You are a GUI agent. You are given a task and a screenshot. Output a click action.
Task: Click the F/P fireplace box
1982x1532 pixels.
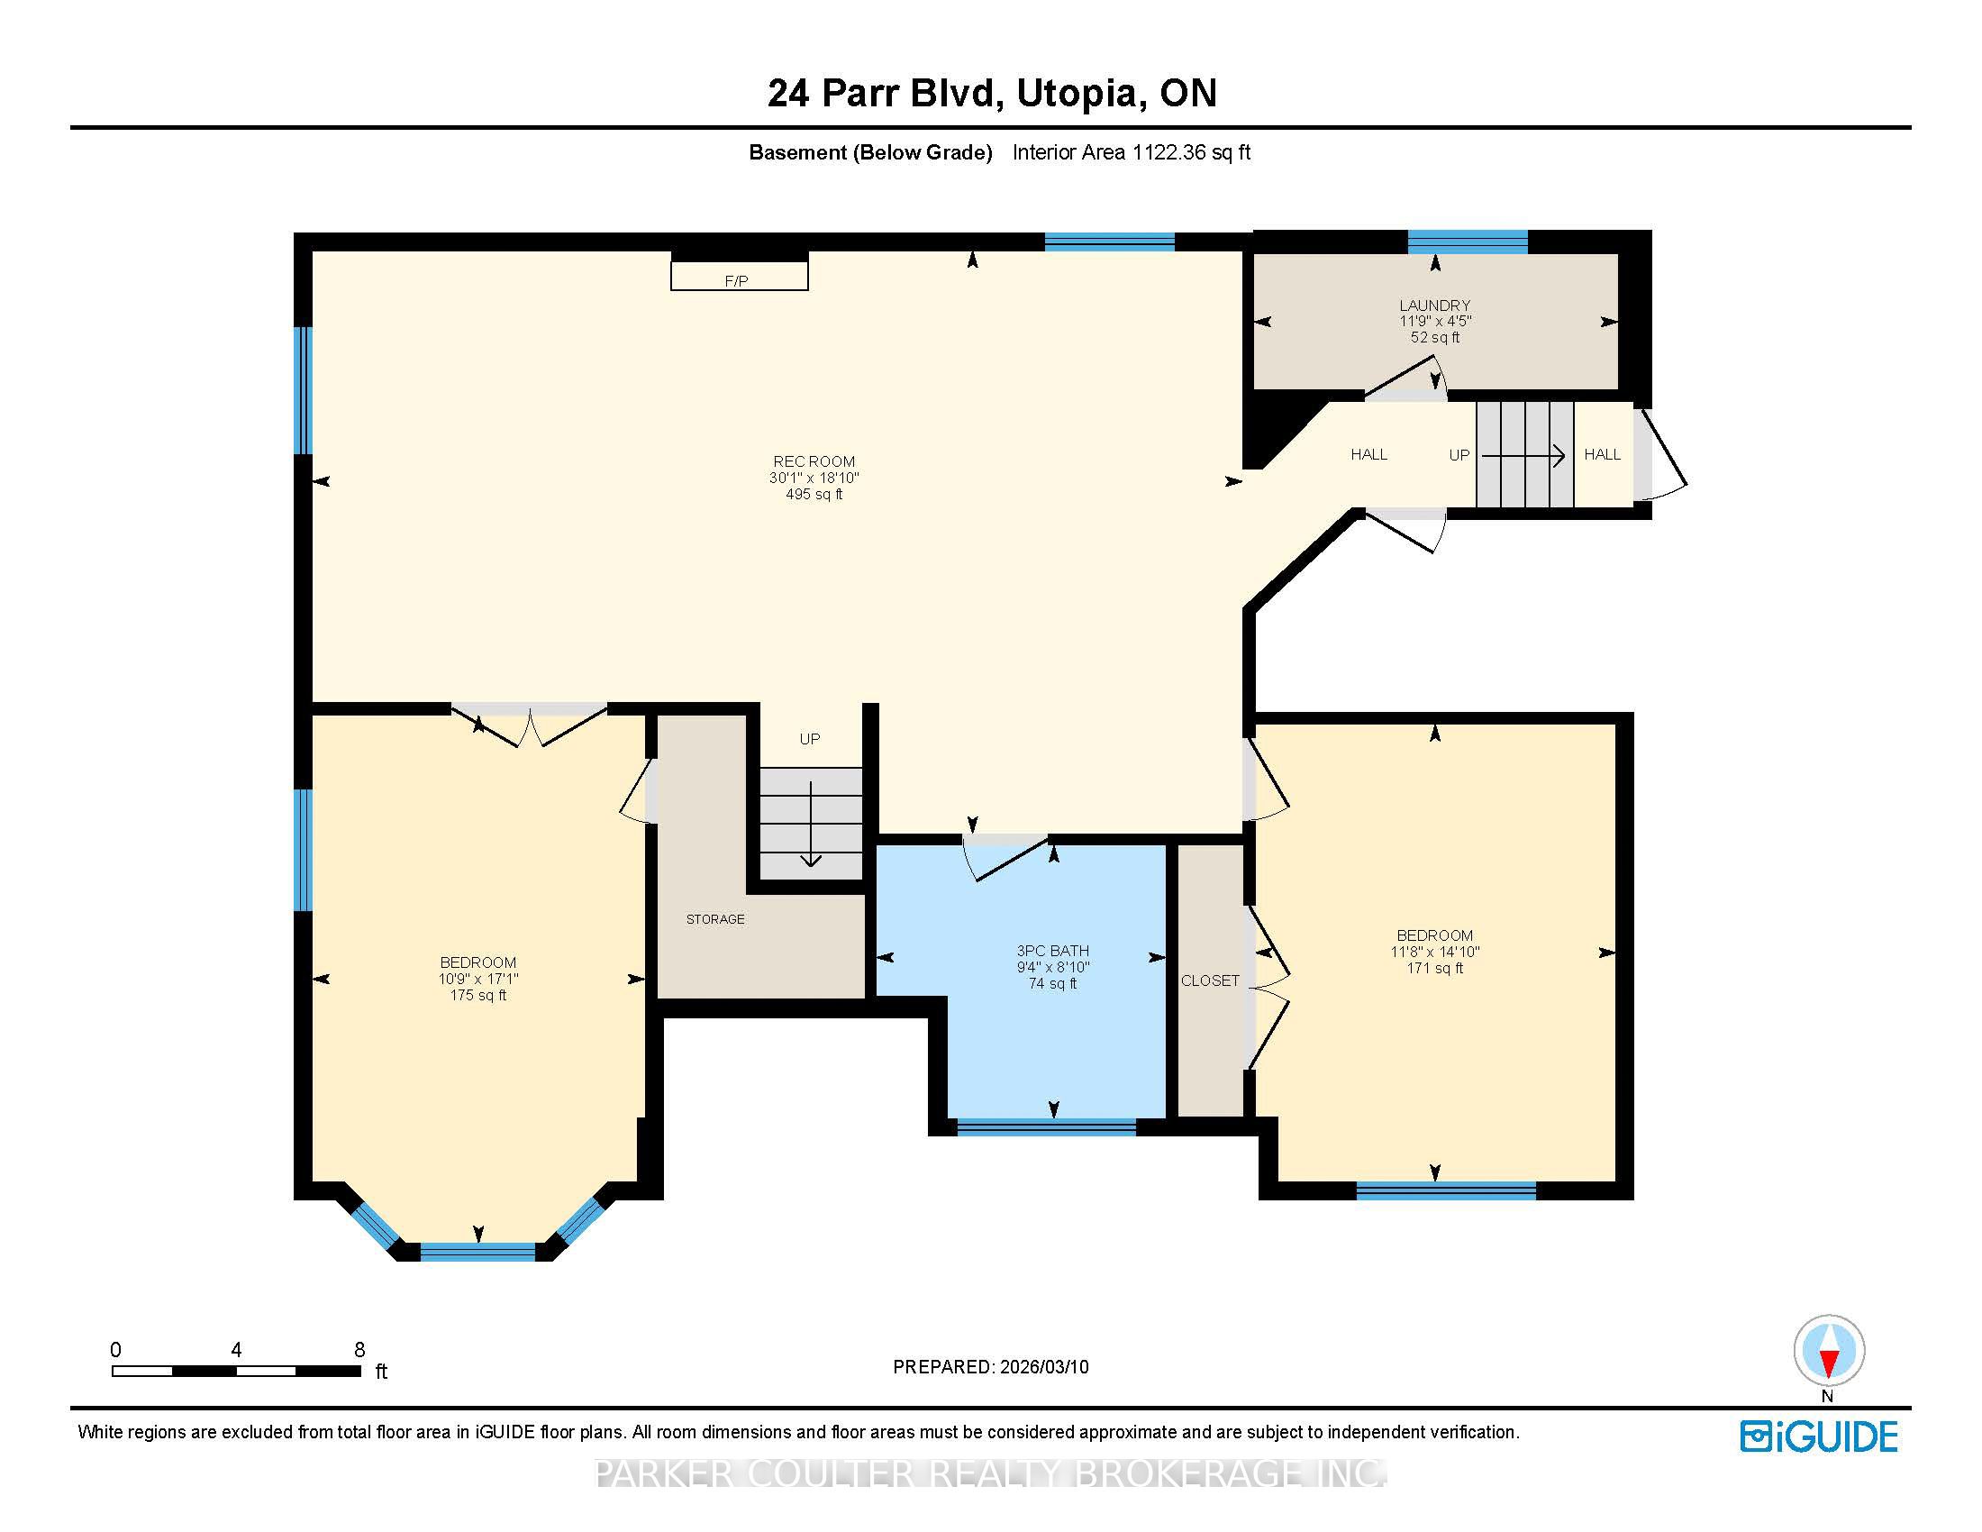point(739,276)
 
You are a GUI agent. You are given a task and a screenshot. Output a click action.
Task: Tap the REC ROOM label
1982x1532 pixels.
point(814,462)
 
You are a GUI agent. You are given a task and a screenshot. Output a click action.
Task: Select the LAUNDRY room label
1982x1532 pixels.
point(1435,305)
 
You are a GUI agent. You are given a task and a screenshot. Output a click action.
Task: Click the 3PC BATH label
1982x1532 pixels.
point(1052,951)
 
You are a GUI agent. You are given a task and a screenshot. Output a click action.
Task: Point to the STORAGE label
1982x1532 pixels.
point(715,919)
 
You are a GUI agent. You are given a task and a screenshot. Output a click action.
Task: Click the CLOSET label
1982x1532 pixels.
point(1210,981)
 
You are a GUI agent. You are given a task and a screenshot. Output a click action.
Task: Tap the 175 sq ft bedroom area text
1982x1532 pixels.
point(478,996)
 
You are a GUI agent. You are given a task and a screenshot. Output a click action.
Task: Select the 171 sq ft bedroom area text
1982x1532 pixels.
point(1435,969)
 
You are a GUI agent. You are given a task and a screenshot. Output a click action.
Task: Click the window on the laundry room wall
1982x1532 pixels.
point(1468,242)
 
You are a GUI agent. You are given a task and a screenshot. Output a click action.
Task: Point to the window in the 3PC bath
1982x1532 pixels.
point(1046,1127)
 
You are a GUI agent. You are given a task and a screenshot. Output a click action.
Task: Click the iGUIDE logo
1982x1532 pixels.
point(1819,1436)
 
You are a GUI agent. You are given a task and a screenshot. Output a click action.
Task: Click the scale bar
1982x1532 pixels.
point(237,1372)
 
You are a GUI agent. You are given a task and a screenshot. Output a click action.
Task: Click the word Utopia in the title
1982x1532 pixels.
point(1076,94)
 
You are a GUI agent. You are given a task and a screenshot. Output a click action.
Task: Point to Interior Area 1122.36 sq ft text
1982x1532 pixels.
point(1132,152)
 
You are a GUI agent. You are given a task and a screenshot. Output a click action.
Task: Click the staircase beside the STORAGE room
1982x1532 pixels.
point(811,823)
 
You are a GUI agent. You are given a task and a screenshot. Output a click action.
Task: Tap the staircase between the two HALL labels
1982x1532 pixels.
point(1524,455)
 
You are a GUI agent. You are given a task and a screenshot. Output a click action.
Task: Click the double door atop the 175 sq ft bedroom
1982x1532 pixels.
point(529,725)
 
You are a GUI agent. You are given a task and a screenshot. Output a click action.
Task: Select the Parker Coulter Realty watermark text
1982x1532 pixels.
point(990,1473)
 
